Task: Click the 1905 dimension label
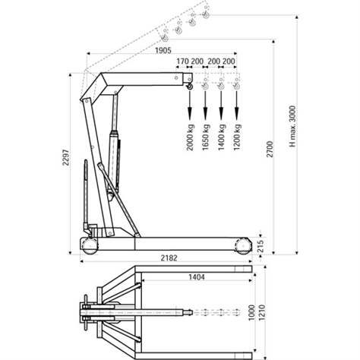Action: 161,50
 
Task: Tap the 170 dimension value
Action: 182,61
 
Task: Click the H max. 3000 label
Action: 292,125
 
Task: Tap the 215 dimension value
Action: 262,245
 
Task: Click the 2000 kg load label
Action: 190,137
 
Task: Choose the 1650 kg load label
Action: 206,137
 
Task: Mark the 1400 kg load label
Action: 221,137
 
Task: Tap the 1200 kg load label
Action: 237,137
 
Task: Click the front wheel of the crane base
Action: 244,245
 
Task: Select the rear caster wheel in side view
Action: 89,246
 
